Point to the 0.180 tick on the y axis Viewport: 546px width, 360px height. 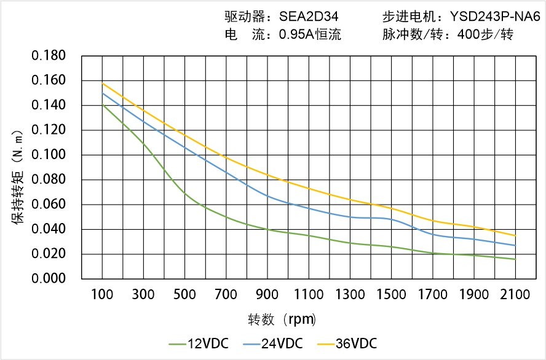pyautogui.click(x=49, y=56)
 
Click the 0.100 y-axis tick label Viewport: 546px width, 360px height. pyautogui.click(x=49, y=155)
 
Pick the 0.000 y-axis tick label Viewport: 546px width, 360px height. pyautogui.click(x=49, y=279)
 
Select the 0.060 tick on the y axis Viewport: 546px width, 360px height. pyautogui.click(x=49, y=205)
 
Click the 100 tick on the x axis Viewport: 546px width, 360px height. pyautogui.click(x=102, y=294)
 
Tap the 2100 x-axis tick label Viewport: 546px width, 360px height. pyautogui.click(x=515, y=294)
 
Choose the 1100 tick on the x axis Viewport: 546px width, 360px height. pyautogui.click(x=309, y=294)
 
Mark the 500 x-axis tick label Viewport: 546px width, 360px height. pyautogui.click(x=184, y=294)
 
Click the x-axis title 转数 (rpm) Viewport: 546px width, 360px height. pyautogui.click(x=282, y=319)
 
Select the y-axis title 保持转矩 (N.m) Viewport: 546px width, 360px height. pyautogui.click(x=19, y=176)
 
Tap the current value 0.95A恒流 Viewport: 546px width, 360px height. pyautogui.click(x=310, y=34)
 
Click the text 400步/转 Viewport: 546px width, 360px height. pyautogui.click(x=485, y=34)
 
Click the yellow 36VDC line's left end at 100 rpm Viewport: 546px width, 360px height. pyautogui.click(x=102, y=83)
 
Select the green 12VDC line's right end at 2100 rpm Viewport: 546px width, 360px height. pyautogui.click(x=515, y=259)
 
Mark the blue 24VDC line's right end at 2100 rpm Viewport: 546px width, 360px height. pyautogui.click(x=515, y=245)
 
